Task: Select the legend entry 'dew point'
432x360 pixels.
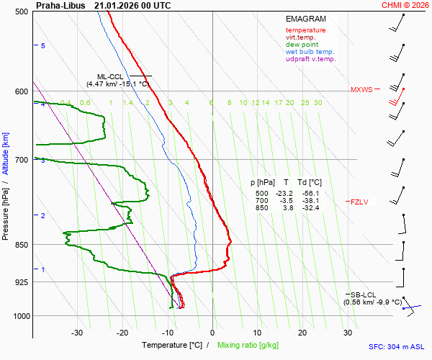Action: pyautogui.click(x=302, y=45)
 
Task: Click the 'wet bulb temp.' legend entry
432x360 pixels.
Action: pyautogui.click(x=310, y=52)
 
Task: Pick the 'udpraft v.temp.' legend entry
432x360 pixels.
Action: pyautogui.click(x=310, y=59)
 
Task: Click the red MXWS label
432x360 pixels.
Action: pyautogui.click(x=361, y=90)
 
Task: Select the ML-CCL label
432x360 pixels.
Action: pyautogui.click(x=111, y=76)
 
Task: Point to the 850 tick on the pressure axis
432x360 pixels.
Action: pyautogui.click(x=21, y=245)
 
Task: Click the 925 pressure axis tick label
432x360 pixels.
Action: pyautogui.click(x=21, y=282)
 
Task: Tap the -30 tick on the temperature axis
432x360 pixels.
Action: pyautogui.click(x=77, y=333)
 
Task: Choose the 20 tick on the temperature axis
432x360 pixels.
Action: pyautogui.click(x=302, y=333)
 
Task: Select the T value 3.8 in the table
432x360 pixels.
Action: pyautogui.click(x=287, y=208)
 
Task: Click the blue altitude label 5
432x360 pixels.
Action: pyautogui.click(x=43, y=46)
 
